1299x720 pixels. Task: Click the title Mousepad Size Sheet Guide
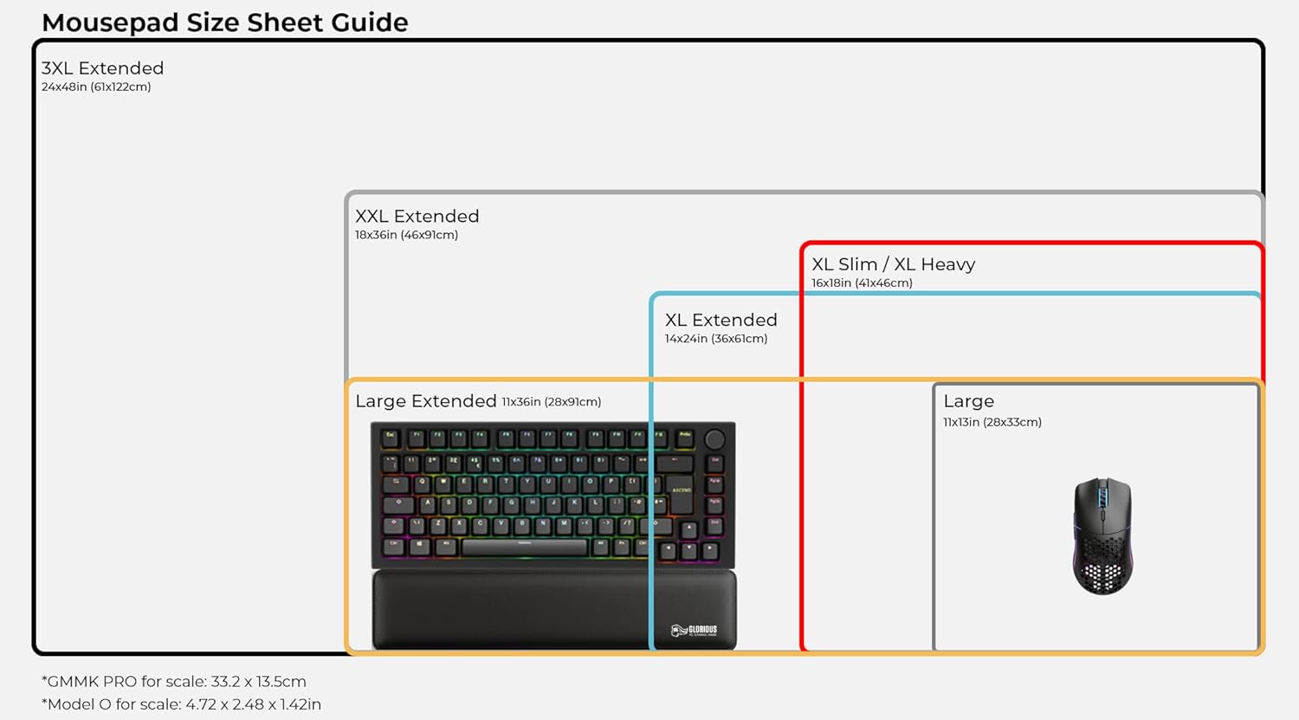[224, 22]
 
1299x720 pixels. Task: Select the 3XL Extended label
[102, 68]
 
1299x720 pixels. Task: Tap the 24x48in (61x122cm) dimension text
[96, 88]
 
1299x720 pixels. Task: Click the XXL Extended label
[417, 217]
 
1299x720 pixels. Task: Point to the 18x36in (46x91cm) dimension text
[406, 236]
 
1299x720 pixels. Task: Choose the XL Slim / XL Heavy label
[893, 265]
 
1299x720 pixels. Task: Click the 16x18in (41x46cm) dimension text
[862, 283]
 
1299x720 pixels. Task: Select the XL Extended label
[721, 321]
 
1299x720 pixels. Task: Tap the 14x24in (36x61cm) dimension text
[715, 339]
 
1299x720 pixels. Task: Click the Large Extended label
[425, 401]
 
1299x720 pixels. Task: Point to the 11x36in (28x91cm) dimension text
[551, 402]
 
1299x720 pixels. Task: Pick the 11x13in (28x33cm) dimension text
[992, 423]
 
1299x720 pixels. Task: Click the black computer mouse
[1102, 535]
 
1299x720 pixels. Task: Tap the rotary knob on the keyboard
[714, 439]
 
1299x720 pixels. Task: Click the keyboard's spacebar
[524, 547]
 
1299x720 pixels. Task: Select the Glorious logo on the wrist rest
[694, 630]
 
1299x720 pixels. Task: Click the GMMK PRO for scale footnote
[174, 682]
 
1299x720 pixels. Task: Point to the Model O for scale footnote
[181, 704]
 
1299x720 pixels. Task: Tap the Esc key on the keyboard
[391, 438]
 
